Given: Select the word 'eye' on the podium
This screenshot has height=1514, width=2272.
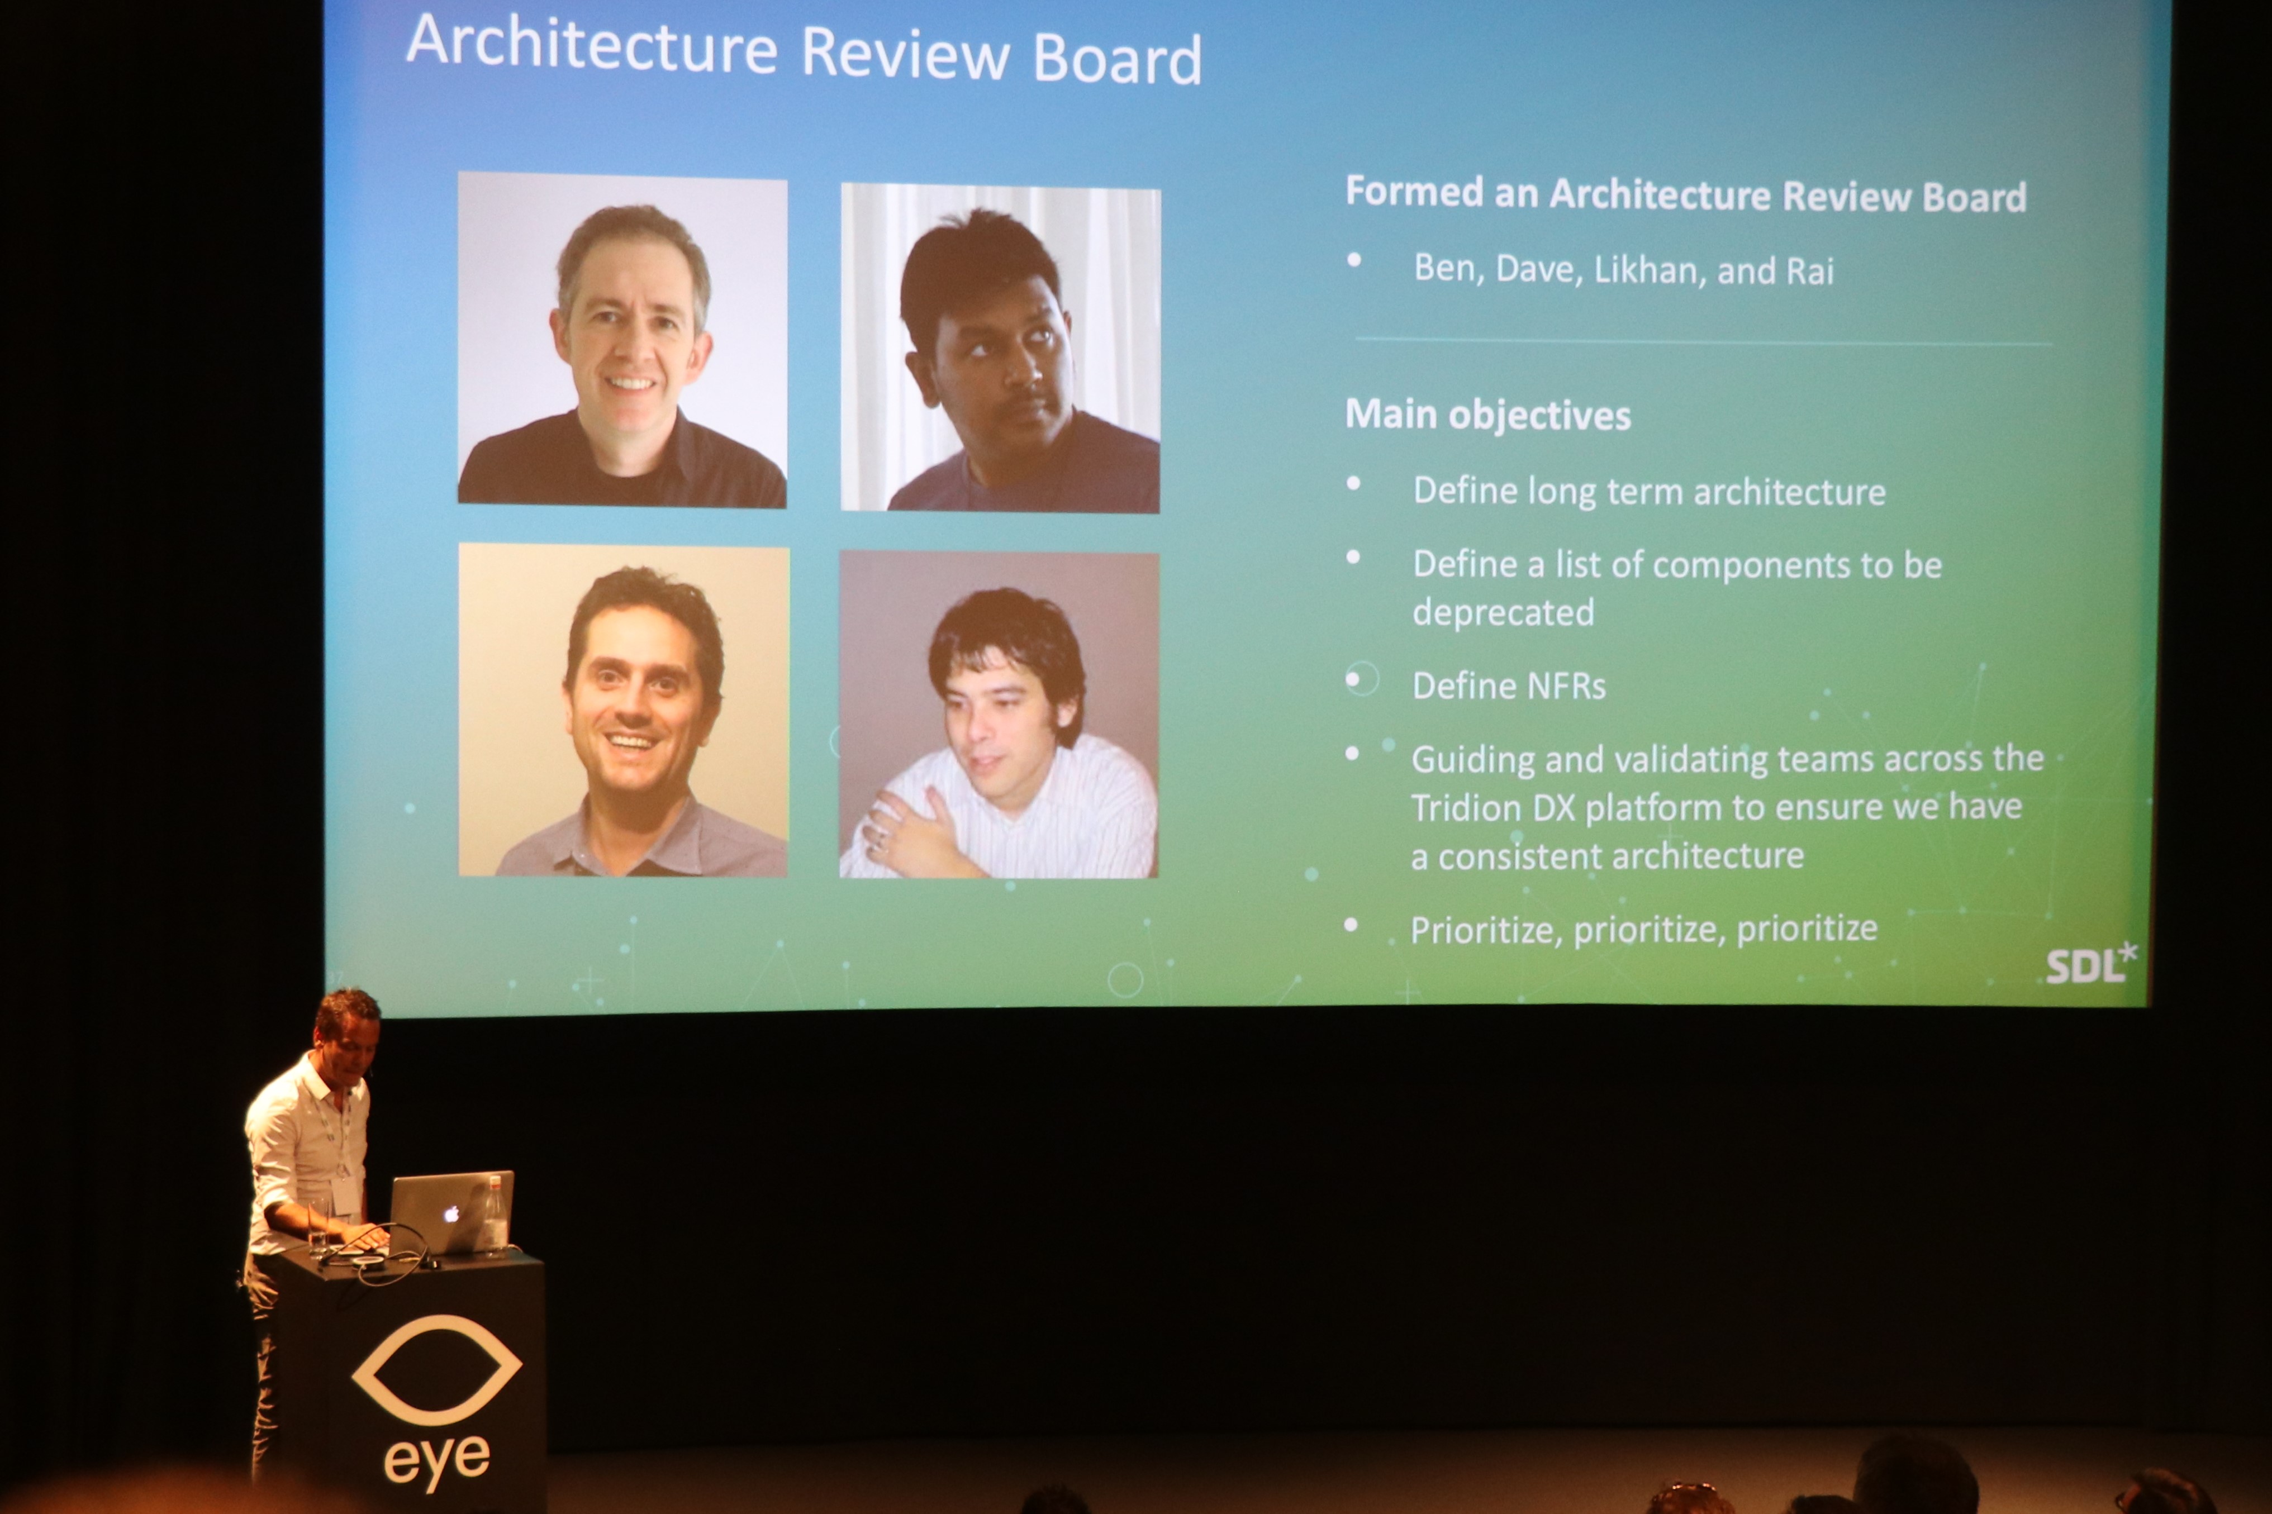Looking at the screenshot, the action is pos(436,1461).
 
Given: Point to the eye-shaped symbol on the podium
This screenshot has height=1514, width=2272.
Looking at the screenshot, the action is pos(436,1369).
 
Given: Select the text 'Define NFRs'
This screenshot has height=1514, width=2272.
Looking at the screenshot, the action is pos(1508,685).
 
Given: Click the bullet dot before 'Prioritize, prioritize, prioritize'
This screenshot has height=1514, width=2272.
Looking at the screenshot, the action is pos(1351,925).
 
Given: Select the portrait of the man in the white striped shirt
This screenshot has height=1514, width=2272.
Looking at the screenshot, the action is pos(999,715).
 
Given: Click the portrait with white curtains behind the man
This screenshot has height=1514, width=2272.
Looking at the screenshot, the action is pos(1000,347).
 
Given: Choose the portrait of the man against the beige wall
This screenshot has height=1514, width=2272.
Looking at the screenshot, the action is pos(623,710).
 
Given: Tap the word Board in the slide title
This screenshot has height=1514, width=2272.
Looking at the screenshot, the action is pos(1117,60).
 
